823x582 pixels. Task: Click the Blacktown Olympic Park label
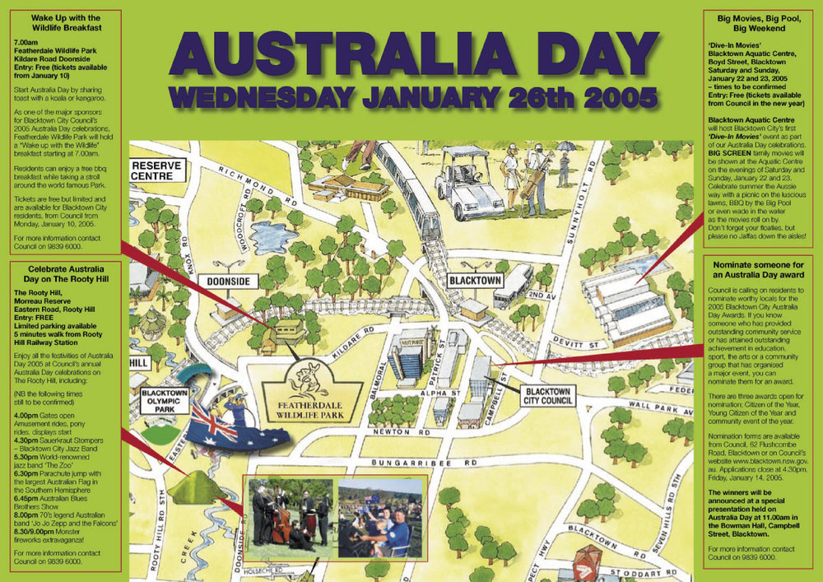coord(165,401)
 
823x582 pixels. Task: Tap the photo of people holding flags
coord(380,517)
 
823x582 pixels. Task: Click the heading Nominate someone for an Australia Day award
coord(758,272)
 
